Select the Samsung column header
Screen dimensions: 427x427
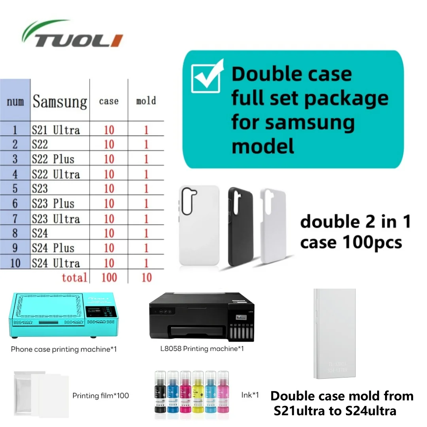click(60, 102)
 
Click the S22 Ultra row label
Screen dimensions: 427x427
click(56, 174)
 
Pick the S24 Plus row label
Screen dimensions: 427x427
click(53, 248)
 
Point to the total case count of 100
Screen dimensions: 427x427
click(109, 277)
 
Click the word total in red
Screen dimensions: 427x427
click(74, 277)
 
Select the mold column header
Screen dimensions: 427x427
click(146, 101)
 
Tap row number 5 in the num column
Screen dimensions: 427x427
click(15, 189)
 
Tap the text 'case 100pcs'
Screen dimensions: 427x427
click(351, 242)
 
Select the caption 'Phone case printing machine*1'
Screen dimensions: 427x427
click(64, 349)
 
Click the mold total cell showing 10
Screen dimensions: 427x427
click(146, 277)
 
